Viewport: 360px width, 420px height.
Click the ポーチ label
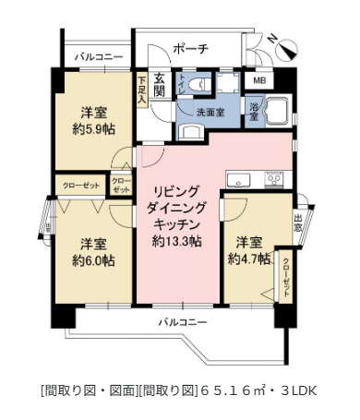tap(190, 48)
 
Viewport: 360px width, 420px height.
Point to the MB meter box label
tap(262, 81)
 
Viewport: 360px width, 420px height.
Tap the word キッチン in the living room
tap(178, 224)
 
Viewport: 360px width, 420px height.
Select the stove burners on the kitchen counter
tap(273, 177)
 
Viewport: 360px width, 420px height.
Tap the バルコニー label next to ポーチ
tap(99, 57)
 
